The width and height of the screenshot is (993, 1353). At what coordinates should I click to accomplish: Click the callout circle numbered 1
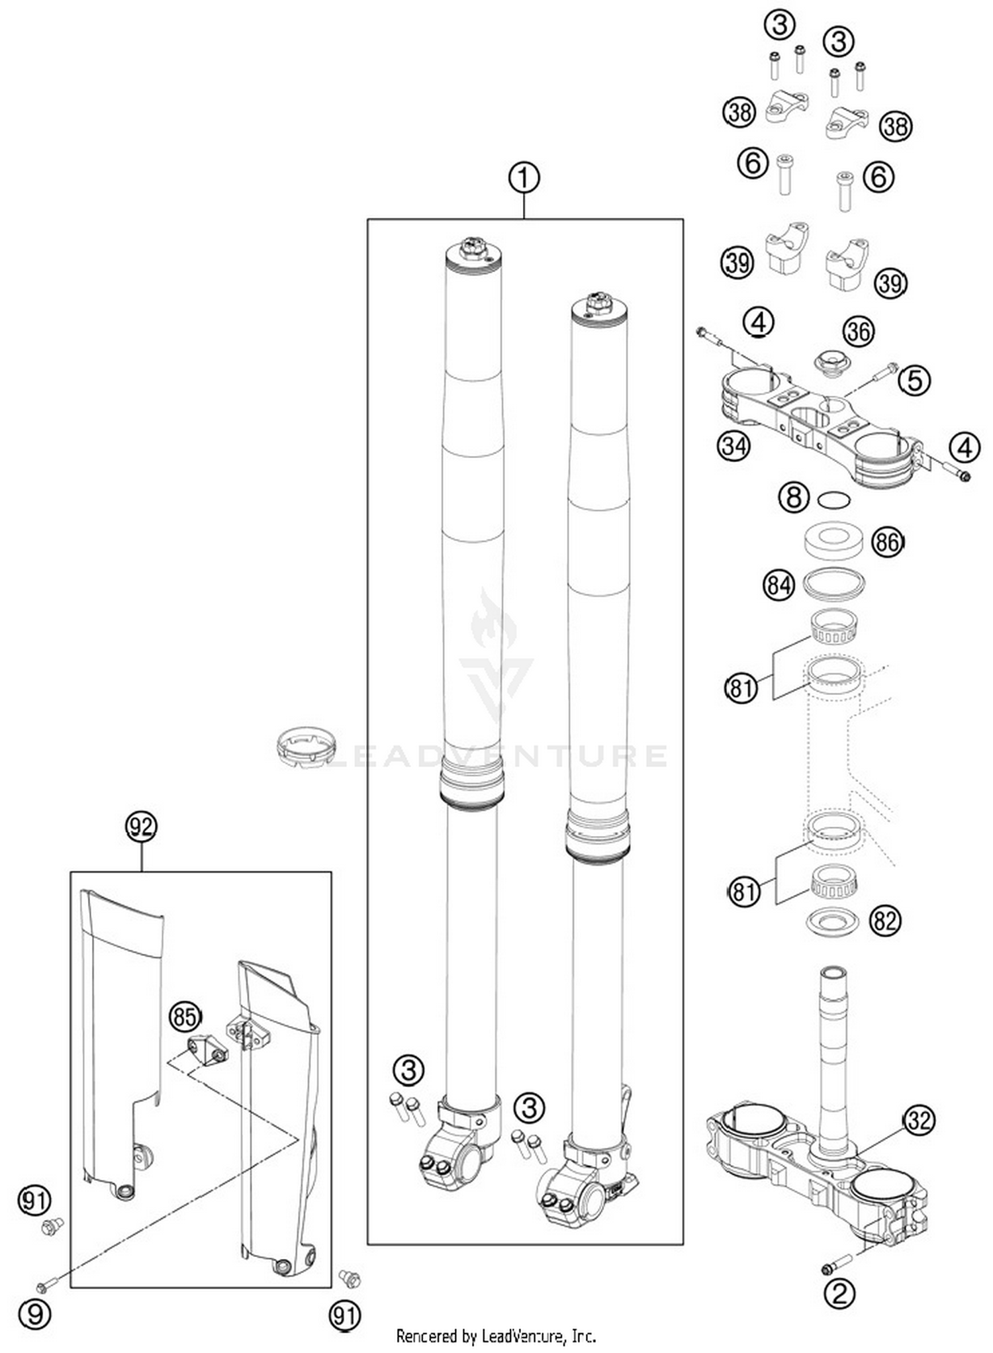point(524,178)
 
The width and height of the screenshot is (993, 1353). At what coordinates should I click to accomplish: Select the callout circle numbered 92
point(141,827)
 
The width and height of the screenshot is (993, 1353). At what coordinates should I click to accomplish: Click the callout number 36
point(859,331)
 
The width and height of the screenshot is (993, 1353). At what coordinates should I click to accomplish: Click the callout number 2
point(839,1293)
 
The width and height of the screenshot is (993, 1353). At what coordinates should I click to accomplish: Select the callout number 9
point(34,1313)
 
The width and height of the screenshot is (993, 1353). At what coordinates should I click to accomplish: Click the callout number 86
point(887,543)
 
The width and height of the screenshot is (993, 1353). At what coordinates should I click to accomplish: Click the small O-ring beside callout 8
point(833,500)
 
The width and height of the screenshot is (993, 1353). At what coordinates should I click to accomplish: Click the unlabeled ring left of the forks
point(306,747)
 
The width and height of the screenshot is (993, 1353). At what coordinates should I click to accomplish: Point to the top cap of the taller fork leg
point(473,252)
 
